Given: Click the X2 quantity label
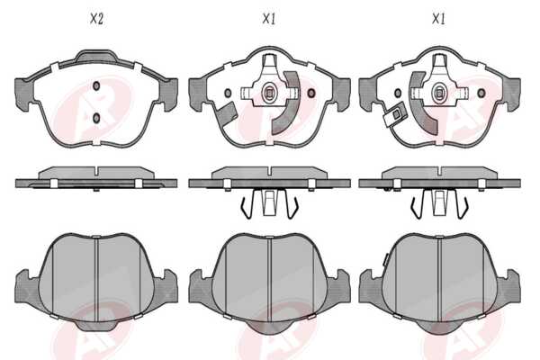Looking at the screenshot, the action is [96, 19].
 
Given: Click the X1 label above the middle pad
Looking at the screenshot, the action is [268, 19].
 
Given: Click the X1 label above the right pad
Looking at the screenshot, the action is [438, 19].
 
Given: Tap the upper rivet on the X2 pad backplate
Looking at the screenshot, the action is [96, 85].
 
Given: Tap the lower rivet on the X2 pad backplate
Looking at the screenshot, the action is [96, 118].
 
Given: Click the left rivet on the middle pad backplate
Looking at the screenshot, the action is [228, 93].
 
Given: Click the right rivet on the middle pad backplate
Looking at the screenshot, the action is [311, 93].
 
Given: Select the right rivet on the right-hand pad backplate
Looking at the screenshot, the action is [481, 93].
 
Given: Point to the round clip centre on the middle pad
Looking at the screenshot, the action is [269, 93].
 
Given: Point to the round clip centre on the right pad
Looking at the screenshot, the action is [439, 93].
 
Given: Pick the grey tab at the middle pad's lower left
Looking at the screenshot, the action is [227, 113].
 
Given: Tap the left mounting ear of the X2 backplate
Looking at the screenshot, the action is [23, 94].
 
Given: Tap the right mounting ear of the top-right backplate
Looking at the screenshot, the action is [512, 94].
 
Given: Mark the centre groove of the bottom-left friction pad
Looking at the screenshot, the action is [96, 279].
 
